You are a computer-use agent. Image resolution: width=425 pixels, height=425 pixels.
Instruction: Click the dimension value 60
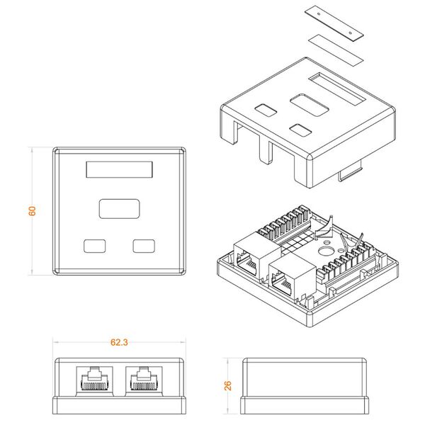32,211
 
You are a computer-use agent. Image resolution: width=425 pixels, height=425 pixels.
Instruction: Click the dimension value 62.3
119,342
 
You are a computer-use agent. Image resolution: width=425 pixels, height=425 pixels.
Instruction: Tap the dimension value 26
228,386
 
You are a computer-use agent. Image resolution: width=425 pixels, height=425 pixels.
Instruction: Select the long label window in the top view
119,170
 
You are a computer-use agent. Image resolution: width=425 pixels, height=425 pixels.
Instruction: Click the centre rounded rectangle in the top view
119,209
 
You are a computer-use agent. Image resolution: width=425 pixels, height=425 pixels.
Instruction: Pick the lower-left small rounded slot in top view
95,246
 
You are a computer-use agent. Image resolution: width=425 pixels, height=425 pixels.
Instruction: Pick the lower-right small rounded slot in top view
144,246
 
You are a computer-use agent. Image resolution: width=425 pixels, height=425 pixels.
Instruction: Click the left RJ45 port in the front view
94,379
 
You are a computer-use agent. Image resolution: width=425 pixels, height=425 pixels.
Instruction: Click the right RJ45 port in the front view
144,379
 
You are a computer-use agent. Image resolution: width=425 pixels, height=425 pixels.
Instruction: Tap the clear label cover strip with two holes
334,23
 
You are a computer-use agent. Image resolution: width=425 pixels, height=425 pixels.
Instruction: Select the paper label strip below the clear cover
336,50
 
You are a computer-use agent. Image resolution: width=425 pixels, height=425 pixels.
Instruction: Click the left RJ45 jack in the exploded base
256,256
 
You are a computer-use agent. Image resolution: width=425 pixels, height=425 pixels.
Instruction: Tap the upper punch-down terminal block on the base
283,224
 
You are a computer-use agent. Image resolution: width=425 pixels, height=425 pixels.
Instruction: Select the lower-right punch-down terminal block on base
347,261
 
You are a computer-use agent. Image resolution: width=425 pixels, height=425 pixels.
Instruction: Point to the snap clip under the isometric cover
351,172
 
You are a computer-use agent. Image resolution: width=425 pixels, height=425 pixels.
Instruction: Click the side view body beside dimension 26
305,386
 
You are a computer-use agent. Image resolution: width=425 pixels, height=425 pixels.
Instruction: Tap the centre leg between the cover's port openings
266,152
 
